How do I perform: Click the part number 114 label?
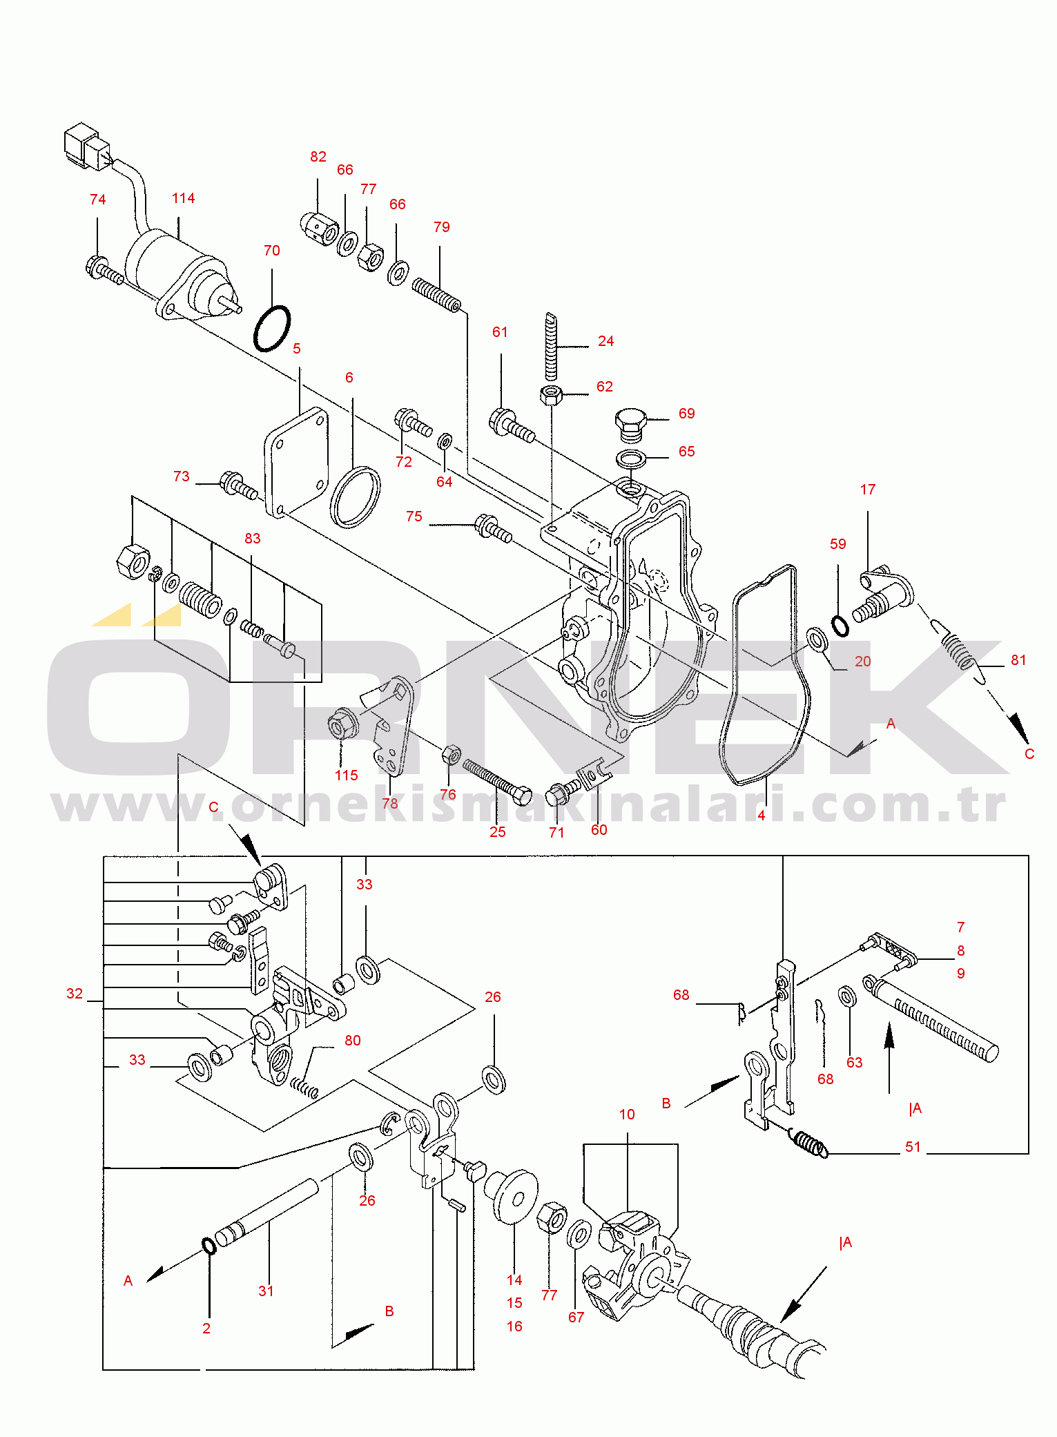coord(183,198)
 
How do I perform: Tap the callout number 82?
coord(318,157)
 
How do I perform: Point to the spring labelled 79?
coord(436,295)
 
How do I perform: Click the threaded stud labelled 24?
coord(550,346)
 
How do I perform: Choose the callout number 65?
coord(686,451)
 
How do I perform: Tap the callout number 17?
coord(868,490)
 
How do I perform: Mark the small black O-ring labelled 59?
coord(840,626)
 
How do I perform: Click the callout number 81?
coord(1018,660)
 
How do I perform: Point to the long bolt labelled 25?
coord(496,782)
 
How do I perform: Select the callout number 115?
coord(347,775)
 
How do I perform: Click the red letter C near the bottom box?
coord(213,807)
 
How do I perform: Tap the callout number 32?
coord(75,994)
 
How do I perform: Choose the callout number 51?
coord(913,1147)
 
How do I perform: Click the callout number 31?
coord(266,1291)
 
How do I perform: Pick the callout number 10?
coord(627,1115)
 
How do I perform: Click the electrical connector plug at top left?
coord(86,146)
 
